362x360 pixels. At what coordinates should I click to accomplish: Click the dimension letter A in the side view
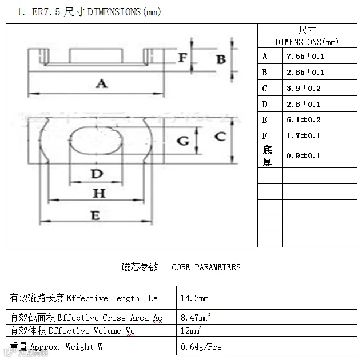(101, 84)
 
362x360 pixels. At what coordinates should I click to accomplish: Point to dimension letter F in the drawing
(182, 58)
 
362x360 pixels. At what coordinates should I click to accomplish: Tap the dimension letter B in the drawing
(221, 59)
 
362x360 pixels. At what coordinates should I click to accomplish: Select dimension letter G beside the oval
(183, 140)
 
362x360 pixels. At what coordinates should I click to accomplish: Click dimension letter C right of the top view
(220, 137)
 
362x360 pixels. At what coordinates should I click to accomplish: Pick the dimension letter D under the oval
(97, 173)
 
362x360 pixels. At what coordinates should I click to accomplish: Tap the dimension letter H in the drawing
(100, 193)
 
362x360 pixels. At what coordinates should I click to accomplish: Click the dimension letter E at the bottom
(96, 215)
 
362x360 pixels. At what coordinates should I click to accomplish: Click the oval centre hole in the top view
(97, 139)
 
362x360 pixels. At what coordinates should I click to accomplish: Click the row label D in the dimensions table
(265, 104)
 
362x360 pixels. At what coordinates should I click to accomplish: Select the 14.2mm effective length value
(194, 298)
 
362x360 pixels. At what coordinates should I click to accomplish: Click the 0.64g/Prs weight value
(201, 347)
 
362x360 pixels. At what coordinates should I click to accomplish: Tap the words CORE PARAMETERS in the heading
(206, 267)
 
